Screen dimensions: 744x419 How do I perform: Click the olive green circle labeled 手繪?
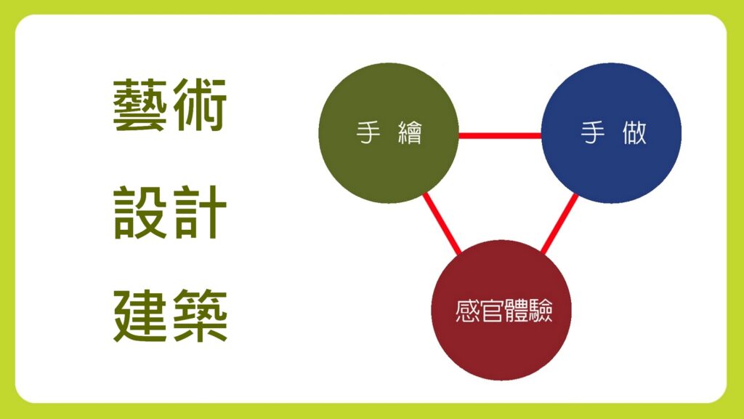point(389,133)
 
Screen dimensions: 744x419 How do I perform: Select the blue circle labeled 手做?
point(611,133)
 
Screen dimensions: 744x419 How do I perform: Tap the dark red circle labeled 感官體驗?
point(501,310)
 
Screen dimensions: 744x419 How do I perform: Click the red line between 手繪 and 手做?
point(500,136)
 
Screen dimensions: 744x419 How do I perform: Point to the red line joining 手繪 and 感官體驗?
point(442,223)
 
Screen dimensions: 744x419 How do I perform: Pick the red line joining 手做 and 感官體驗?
point(559,224)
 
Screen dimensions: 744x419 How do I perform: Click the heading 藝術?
point(170,105)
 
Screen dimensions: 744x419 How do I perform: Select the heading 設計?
point(170,212)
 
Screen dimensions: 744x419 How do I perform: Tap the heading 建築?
point(170,316)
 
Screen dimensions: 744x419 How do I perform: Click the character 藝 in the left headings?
point(140,105)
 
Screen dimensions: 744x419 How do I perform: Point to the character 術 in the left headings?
point(200,105)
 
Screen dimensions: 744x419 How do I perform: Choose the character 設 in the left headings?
point(140,212)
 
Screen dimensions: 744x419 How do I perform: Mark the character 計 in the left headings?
point(200,212)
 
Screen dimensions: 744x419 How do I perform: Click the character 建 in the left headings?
point(140,316)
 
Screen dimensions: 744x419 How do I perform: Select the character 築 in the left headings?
point(201,316)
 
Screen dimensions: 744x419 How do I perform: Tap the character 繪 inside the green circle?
point(410,132)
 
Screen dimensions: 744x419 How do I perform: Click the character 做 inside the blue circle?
point(634,132)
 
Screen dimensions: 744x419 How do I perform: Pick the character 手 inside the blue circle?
point(593,132)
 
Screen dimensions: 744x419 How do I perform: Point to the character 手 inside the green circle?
point(368,132)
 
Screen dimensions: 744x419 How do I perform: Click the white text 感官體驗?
point(504,311)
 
